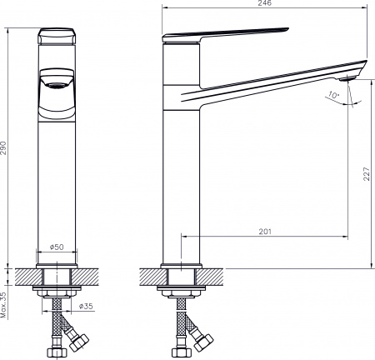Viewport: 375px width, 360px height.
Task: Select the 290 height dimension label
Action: (5, 148)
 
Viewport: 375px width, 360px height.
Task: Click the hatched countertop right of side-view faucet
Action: (219, 275)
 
